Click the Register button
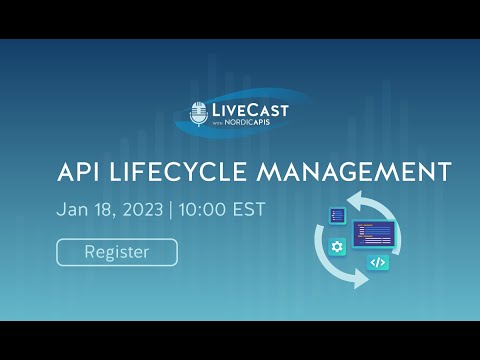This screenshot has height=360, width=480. coord(117,252)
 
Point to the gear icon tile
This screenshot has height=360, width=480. coord(337,246)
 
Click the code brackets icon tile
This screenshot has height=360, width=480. coord(377,263)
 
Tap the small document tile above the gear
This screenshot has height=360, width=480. coord(337,215)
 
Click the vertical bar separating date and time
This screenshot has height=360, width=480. coord(171,211)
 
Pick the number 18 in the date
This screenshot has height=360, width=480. coord(99,211)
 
